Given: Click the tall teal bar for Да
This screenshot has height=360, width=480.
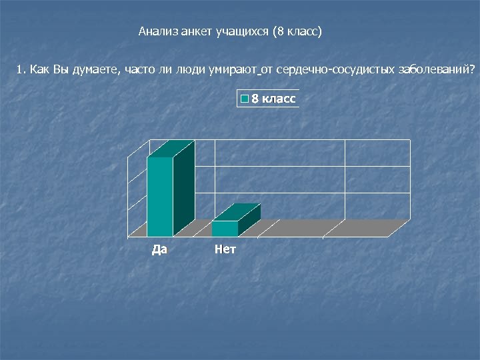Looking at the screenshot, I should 160,197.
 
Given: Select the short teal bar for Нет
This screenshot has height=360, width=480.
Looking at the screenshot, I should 225,229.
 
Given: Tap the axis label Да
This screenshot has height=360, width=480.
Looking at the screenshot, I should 160,250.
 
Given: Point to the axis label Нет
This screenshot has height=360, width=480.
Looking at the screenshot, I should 225,250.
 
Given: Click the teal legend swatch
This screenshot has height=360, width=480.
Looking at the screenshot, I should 244,99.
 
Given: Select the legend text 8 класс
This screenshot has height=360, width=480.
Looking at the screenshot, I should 273,99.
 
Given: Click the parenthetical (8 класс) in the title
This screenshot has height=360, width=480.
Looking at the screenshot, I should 297,31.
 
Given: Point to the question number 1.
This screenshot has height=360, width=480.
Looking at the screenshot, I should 20,69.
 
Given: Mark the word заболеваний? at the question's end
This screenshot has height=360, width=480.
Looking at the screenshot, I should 437,69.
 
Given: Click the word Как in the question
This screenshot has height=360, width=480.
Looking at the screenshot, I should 39,69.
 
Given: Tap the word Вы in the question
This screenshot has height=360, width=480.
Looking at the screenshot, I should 61,69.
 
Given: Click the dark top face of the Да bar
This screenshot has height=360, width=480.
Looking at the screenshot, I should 171,149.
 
